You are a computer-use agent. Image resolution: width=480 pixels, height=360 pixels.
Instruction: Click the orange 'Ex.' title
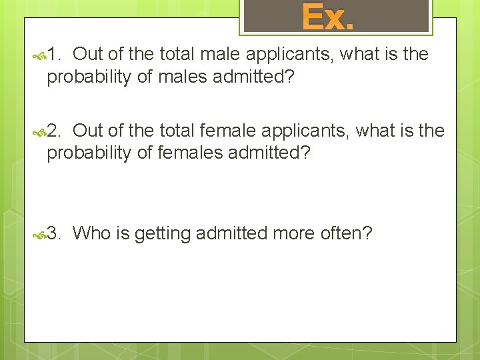[327, 17]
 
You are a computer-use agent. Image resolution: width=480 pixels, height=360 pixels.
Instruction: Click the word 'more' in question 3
[292, 233]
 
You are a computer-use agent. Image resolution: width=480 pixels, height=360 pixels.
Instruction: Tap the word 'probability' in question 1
[89, 77]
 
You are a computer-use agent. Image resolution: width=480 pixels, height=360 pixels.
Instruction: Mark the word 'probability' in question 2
[89, 153]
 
